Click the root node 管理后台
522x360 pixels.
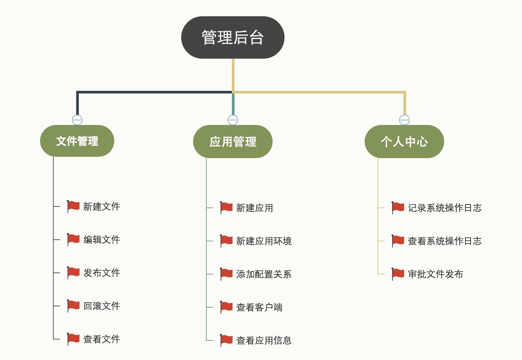pos(233,37)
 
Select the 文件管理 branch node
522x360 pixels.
pos(77,141)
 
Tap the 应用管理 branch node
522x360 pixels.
pos(233,142)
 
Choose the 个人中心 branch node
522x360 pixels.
pos(404,142)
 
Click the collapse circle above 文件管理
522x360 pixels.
pos(77,120)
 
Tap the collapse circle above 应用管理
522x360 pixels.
pos(233,120)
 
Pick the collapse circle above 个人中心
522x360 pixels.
pos(404,120)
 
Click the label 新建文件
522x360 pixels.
pos(101,207)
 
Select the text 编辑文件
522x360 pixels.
pos(101,240)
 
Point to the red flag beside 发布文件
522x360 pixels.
pos(73,272)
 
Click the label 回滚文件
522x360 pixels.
pos(101,306)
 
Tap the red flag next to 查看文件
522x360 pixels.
pos(73,339)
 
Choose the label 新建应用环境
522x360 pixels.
pos(264,241)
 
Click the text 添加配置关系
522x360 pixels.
pos(264,274)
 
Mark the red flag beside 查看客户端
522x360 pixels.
pos(226,307)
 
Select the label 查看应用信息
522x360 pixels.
pos(264,340)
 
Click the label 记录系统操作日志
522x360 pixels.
pos(444,208)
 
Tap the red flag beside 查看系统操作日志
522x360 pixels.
pos(398,241)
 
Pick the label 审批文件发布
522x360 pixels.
pos(435,274)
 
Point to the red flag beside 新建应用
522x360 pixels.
pos(226,208)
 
